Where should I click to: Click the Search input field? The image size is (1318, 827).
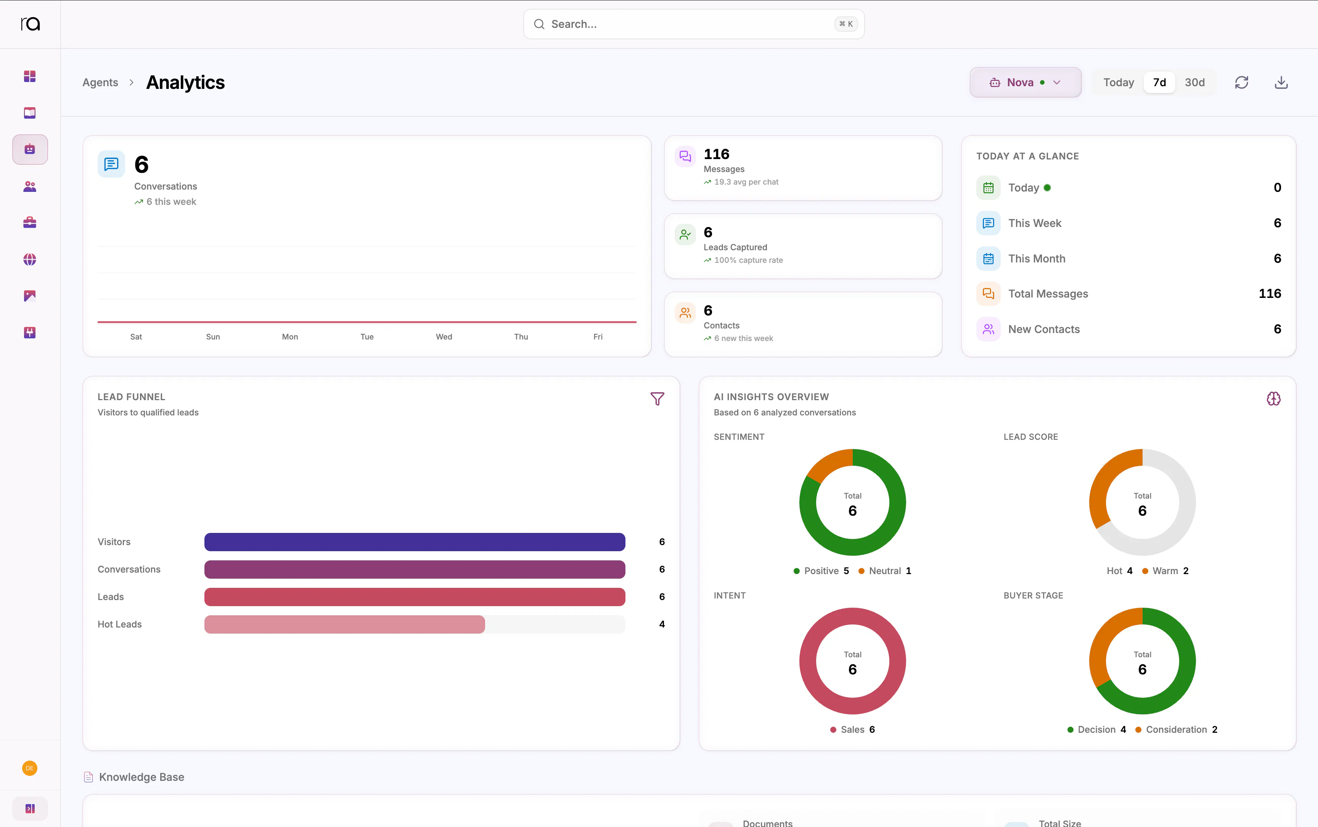click(693, 24)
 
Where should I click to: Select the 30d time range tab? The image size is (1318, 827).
click(1194, 83)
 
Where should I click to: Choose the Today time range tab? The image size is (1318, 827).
click(1119, 83)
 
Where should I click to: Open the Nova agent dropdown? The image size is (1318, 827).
click(1025, 83)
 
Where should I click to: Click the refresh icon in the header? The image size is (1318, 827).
click(1241, 83)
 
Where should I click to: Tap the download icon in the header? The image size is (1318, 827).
click(1281, 83)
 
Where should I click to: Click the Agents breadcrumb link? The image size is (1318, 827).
click(100, 83)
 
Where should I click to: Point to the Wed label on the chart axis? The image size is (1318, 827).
click(444, 337)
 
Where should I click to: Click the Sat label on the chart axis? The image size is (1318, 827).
click(136, 337)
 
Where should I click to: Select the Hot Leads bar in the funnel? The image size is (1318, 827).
click(344, 624)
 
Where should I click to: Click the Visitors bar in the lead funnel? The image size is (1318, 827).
click(415, 542)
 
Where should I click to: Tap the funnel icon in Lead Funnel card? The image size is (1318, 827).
click(657, 399)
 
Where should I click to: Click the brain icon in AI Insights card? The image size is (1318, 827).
click(1273, 399)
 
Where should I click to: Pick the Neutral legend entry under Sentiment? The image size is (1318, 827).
click(884, 571)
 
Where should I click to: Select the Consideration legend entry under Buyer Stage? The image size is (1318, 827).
click(1176, 730)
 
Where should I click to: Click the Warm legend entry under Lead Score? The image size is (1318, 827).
click(1165, 571)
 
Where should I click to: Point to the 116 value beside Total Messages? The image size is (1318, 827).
click(1269, 294)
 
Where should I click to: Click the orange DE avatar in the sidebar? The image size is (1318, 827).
click(29, 769)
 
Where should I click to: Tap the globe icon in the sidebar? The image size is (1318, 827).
click(29, 259)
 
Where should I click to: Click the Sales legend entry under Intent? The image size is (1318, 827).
click(852, 730)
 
